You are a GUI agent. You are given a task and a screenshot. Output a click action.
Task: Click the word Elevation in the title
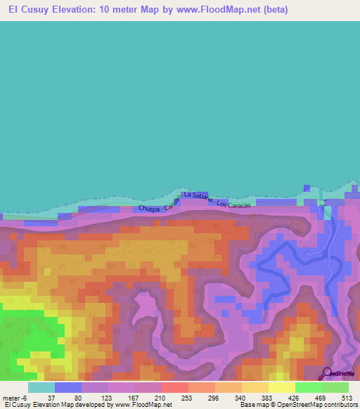74,11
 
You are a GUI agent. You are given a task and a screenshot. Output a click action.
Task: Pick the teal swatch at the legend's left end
41,387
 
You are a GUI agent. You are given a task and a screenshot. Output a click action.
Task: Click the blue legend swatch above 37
68,387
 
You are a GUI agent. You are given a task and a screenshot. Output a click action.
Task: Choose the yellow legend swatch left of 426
282,387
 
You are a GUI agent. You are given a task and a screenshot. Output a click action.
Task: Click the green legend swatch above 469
309,387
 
